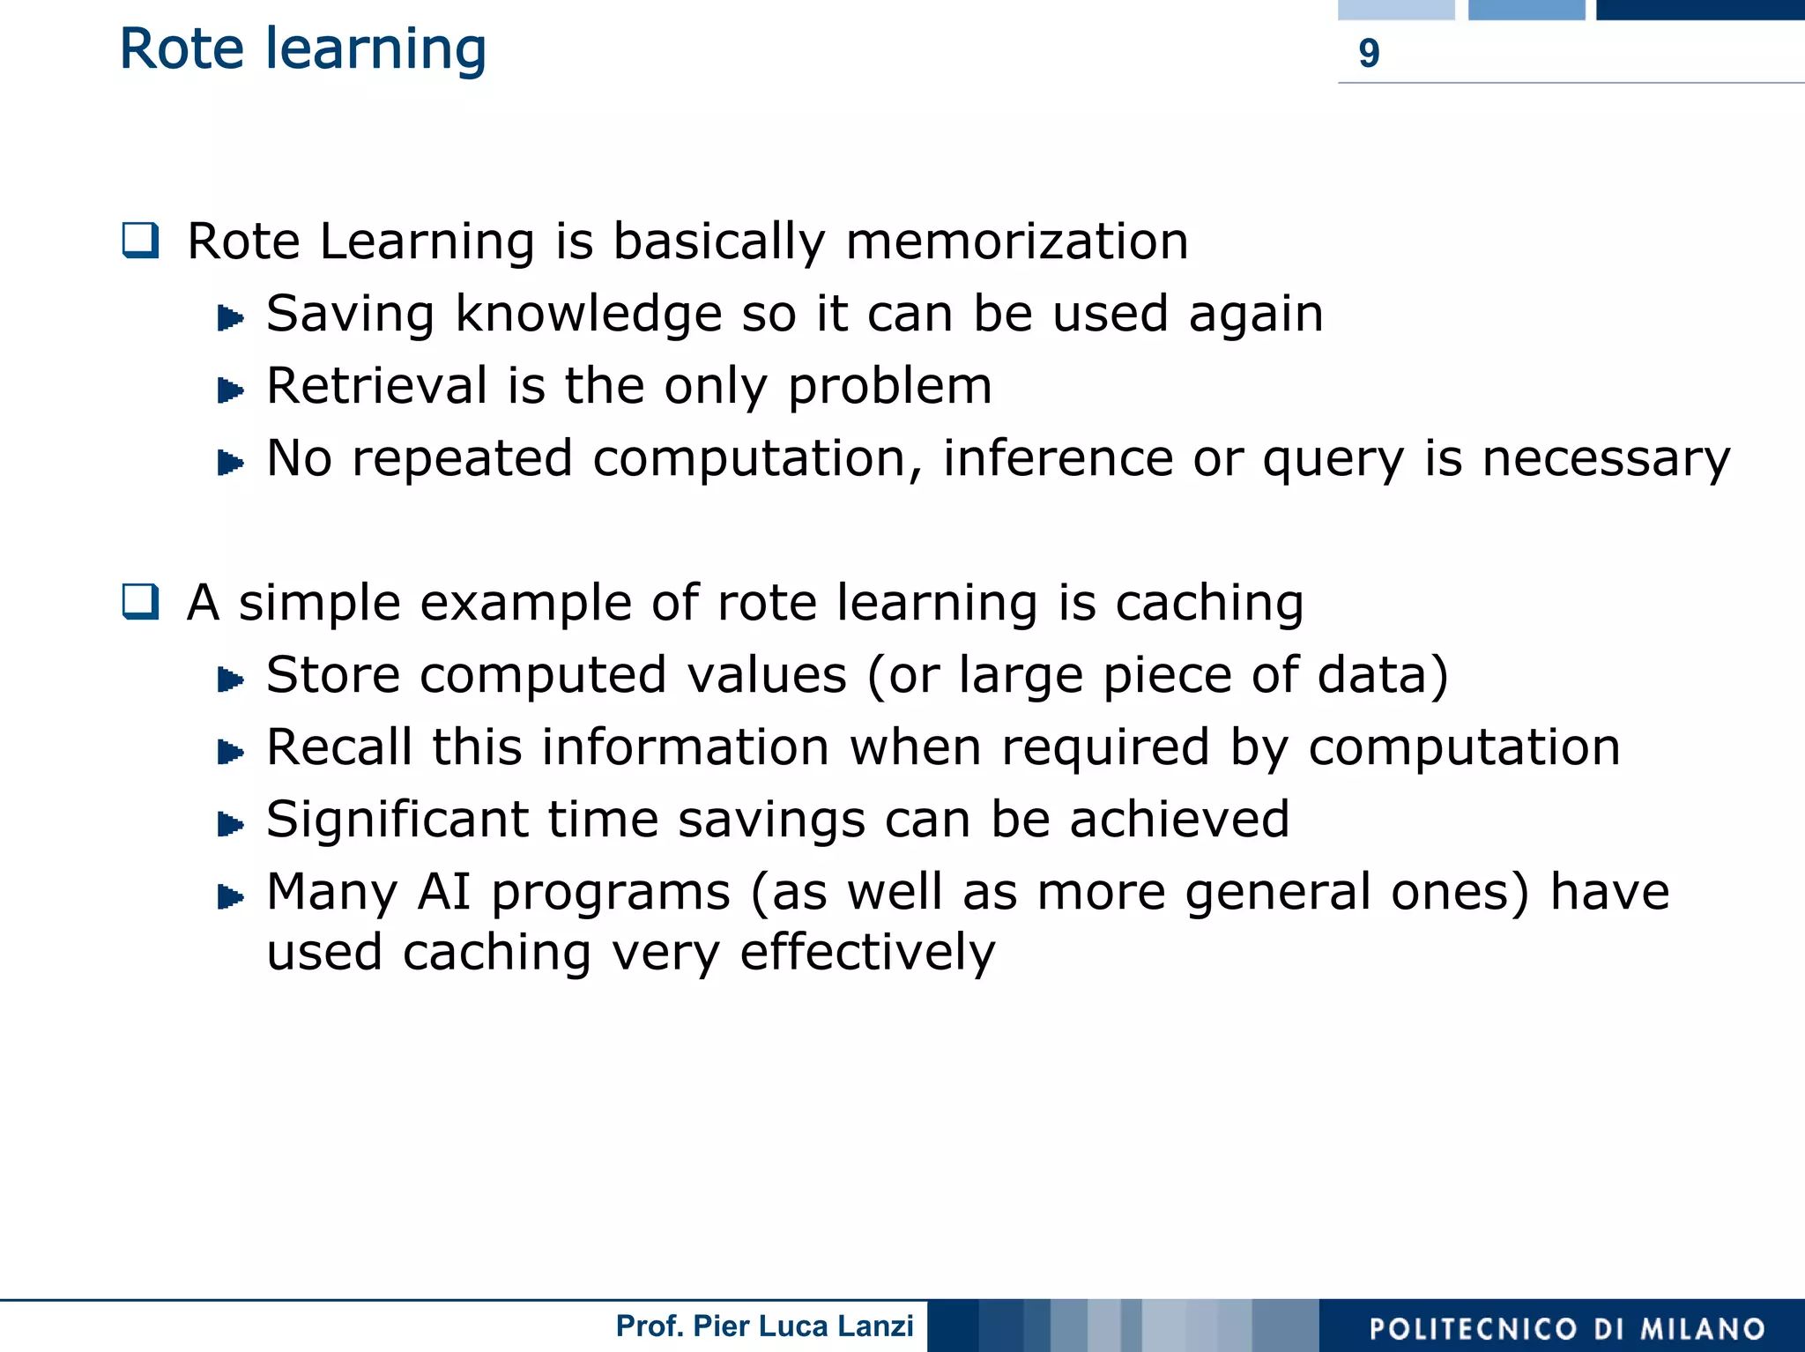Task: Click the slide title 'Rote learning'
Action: tap(302, 49)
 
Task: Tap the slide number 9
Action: tap(1368, 54)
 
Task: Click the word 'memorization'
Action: tap(1016, 241)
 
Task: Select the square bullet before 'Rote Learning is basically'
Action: tap(141, 240)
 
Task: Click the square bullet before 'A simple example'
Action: tap(141, 602)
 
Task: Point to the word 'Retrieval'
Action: tap(376, 386)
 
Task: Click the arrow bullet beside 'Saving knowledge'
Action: tap(230, 317)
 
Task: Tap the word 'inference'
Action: tap(1057, 458)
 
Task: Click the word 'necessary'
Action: tap(1605, 458)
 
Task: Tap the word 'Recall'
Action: tap(338, 747)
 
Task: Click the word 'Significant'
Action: tap(397, 820)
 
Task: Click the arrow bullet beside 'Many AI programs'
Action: tap(230, 897)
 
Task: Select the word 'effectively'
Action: tap(867, 953)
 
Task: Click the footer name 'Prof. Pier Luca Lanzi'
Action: tap(764, 1326)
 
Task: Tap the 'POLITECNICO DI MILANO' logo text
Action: tap(1566, 1328)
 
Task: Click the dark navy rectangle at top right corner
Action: tap(1700, 10)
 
